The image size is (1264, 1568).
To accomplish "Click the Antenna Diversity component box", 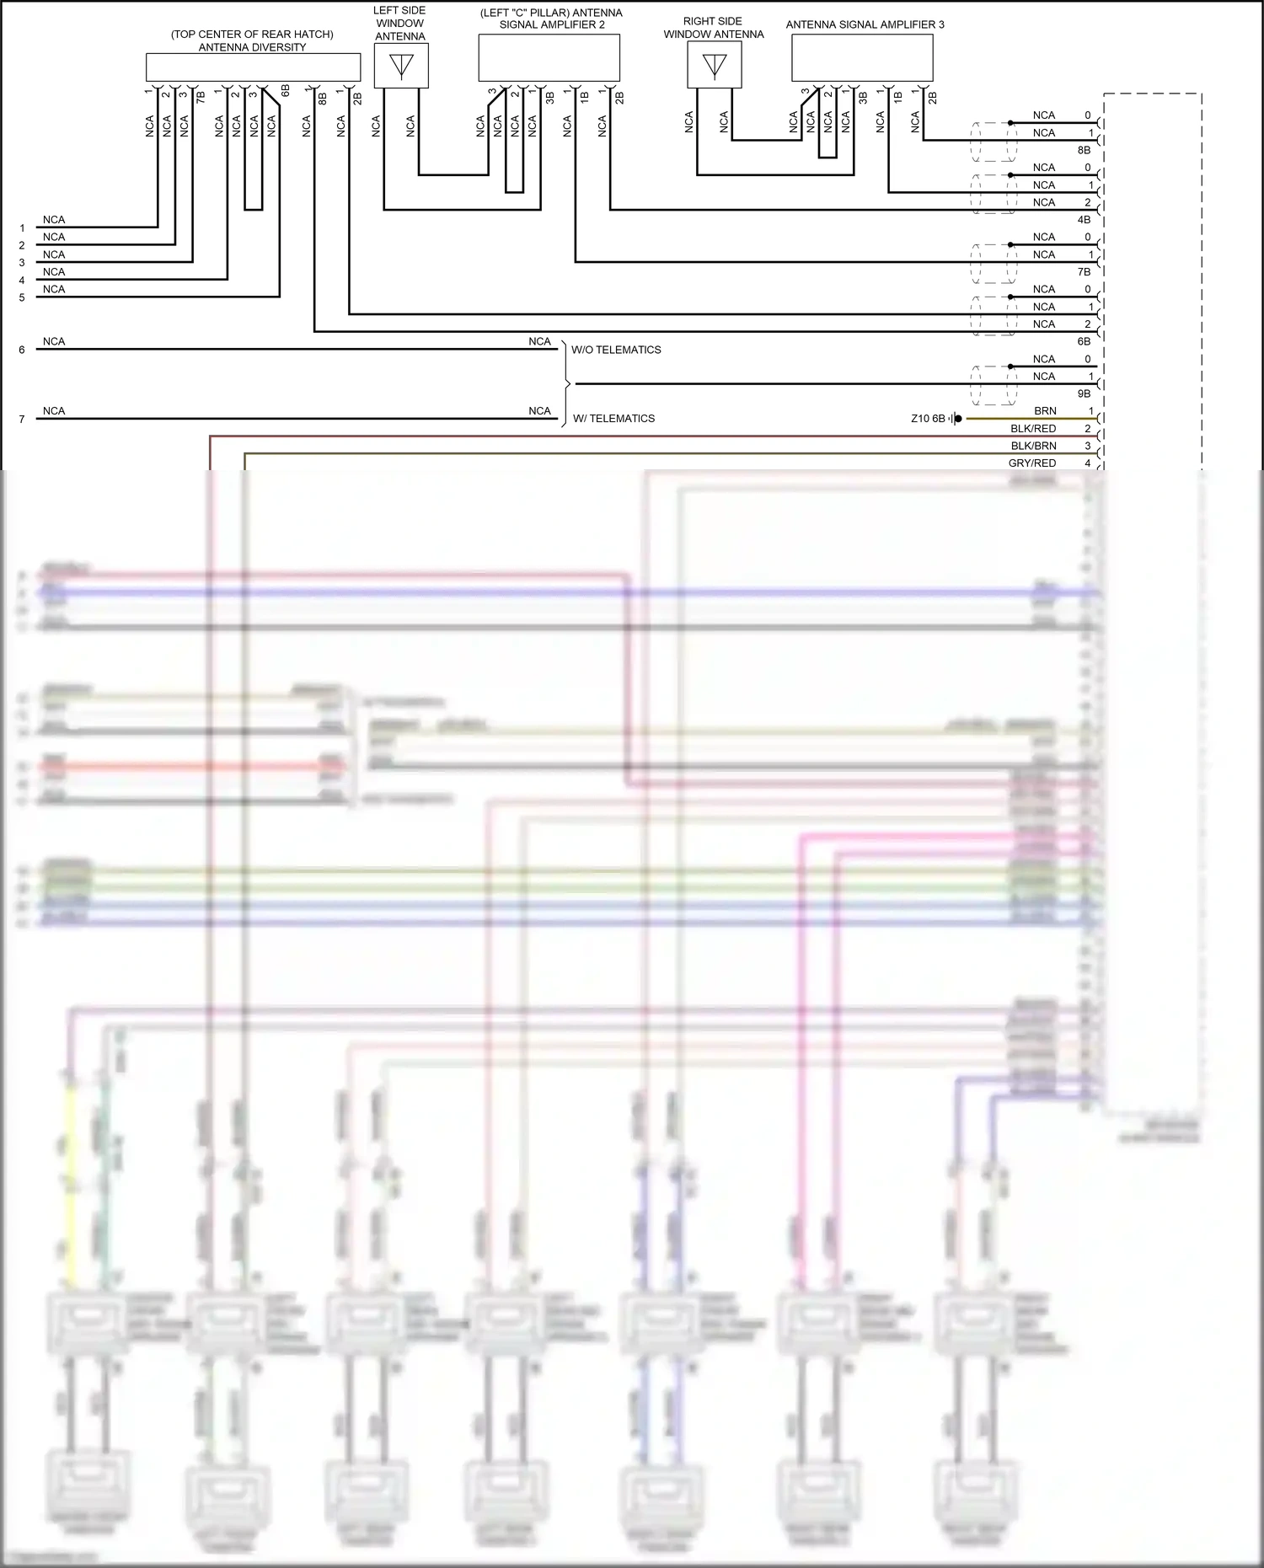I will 253,67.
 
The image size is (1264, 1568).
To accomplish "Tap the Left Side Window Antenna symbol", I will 401,66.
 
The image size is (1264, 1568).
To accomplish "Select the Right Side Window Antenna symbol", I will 715,65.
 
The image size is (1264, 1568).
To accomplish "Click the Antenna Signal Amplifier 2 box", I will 549,58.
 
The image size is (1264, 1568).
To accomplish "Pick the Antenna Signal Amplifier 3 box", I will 862,58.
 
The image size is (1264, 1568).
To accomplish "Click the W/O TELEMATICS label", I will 616,350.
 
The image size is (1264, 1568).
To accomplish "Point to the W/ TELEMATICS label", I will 613,419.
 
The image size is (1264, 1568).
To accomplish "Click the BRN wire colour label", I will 1045,411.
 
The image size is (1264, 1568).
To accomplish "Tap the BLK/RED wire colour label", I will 1033,429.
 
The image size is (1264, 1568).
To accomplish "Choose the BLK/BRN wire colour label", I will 1033,446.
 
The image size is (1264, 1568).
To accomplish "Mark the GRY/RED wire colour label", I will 1032,463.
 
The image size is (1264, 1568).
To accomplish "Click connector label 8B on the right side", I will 1084,150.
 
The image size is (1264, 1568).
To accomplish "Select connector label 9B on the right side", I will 1084,393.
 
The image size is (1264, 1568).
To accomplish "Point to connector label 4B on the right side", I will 1084,220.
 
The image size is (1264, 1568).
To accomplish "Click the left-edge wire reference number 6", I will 22,350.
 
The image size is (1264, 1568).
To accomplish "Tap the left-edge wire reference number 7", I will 22,420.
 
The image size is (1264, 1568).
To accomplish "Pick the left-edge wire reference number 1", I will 22,228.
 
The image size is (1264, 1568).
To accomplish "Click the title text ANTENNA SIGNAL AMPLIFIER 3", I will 865,24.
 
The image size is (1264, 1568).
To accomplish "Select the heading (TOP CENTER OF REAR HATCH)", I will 252,35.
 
